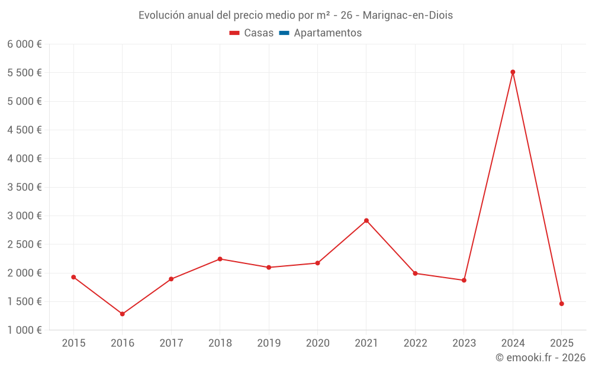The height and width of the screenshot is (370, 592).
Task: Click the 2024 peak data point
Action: (513, 72)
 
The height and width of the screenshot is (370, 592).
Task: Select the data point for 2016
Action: (123, 314)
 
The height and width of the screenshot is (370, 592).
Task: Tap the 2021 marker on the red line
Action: (366, 221)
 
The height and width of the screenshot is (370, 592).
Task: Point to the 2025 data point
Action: (561, 304)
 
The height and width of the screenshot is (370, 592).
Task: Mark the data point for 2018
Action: (220, 259)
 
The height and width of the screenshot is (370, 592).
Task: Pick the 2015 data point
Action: (73, 277)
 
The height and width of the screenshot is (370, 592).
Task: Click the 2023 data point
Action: (464, 280)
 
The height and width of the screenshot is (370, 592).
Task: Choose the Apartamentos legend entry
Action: (327, 33)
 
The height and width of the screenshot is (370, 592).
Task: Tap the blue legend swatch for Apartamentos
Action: (284, 33)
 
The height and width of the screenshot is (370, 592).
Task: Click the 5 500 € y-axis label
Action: (24, 73)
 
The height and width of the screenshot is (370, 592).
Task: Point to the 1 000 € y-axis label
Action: (24, 330)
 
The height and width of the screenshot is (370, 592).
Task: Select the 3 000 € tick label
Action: (24, 216)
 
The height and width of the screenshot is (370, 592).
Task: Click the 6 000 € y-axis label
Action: (24, 44)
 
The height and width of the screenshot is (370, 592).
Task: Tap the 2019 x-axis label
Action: (269, 343)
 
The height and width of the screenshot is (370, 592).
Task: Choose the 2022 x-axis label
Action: (415, 343)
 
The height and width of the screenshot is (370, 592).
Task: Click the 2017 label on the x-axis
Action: (171, 343)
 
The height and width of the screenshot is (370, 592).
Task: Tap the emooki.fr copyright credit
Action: (540, 358)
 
